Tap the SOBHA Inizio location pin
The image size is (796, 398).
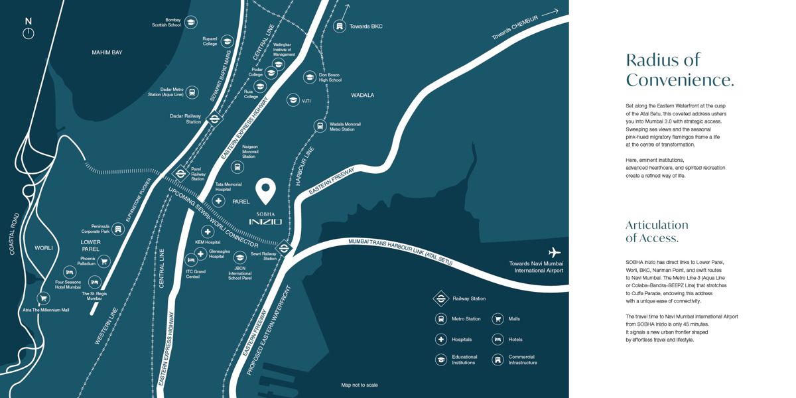266,191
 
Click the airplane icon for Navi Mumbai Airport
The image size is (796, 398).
555,252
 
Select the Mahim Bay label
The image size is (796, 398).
107,52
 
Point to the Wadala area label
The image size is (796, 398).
362,95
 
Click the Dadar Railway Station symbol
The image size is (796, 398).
214,119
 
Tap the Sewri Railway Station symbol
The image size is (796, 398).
284,249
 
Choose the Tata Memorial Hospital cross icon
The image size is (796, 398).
219,201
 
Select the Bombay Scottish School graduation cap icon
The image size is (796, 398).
191,23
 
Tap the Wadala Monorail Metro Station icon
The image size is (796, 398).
320,126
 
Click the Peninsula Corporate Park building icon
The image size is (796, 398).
118,229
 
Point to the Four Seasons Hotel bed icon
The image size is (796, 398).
70,272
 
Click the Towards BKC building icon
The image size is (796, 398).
340,26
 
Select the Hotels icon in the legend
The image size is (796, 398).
497,339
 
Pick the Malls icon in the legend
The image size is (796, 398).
497,319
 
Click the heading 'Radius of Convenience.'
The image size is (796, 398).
679,70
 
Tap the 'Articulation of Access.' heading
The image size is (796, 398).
657,231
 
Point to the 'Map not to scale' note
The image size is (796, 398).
360,385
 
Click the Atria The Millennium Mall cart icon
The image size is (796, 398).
43,298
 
